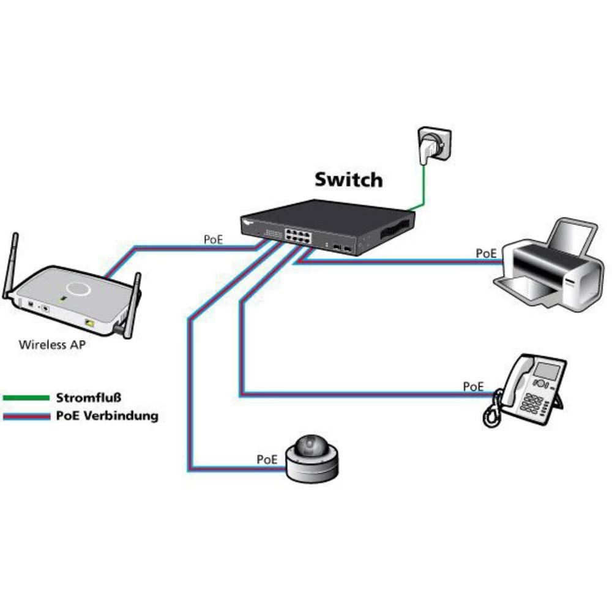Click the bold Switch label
pyautogui.click(x=348, y=179)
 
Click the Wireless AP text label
pyautogui.click(x=52, y=345)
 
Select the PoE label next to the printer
pyautogui.click(x=487, y=252)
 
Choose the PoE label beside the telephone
pyautogui.click(x=473, y=386)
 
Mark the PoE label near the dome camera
pyautogui.click(x=267, y=459)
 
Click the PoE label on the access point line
pyautogui.click(x=214, y=239)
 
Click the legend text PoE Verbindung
pyautogui.click(x=107, y=416)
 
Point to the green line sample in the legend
pyautogui.click(x=26, y=398)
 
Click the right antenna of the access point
pyautogui.click(x=133, y=306)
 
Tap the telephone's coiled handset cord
pyautogui.click(x=491, y=411)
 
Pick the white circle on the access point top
pyautogui.click(x=78, y=288)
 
